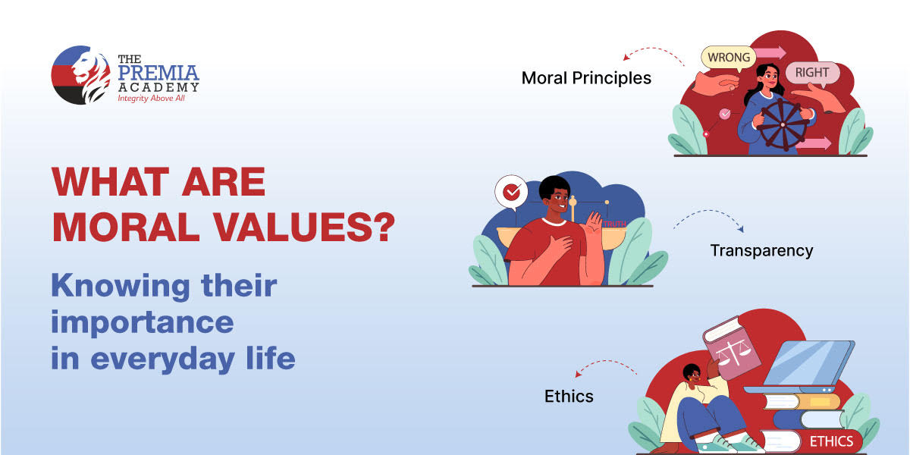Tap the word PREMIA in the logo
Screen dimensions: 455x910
158,74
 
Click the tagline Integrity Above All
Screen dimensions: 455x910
150,99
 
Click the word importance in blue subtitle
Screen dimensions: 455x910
142,322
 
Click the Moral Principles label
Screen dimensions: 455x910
585,78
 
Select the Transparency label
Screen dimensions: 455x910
761,250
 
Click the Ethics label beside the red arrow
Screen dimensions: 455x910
569,396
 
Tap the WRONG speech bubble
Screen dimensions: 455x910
728,57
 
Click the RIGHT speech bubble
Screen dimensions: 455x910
812,74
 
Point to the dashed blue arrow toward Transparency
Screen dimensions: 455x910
709,220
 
